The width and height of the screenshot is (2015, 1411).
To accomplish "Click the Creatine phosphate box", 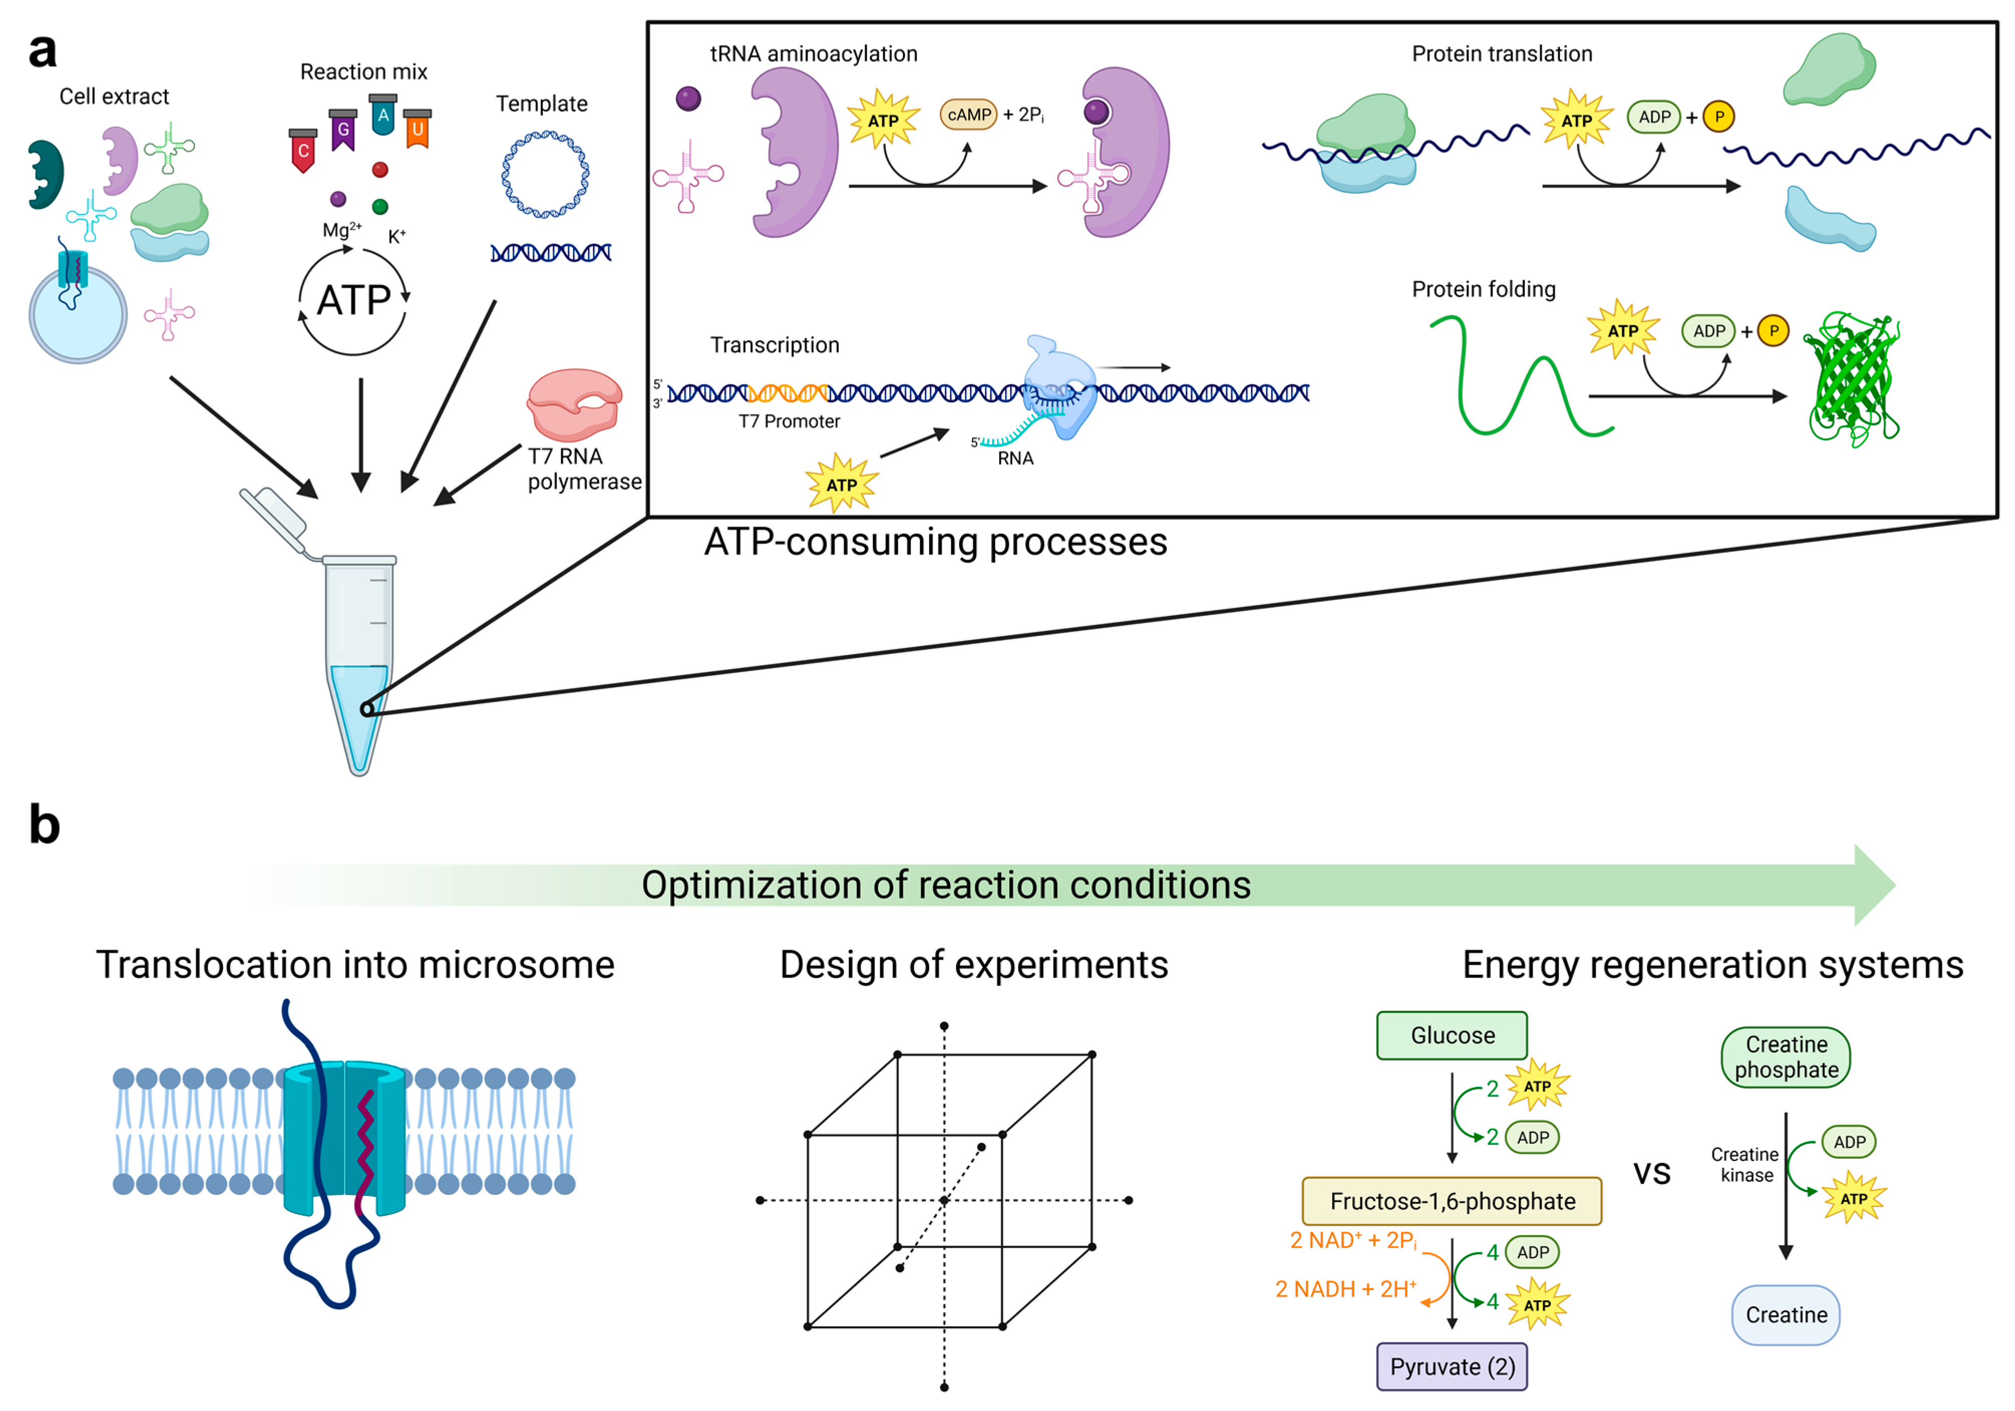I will (1786, 1057).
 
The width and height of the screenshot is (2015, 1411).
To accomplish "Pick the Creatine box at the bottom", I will (1786, 1314).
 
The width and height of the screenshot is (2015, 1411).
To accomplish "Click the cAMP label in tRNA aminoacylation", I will (969, 115).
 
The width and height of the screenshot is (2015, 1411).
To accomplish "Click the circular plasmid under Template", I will (545, 174).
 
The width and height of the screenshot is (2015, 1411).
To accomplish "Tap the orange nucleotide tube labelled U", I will (418, 129).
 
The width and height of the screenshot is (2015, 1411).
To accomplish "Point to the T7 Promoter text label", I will (789, 421).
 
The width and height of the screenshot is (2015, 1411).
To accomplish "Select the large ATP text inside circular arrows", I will (353, 301).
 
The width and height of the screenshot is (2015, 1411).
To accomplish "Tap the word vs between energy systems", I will (1652, 1174).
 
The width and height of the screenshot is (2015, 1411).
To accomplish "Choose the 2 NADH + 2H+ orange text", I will (1345, 1289).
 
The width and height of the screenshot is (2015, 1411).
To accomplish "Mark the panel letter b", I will (44, 825).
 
